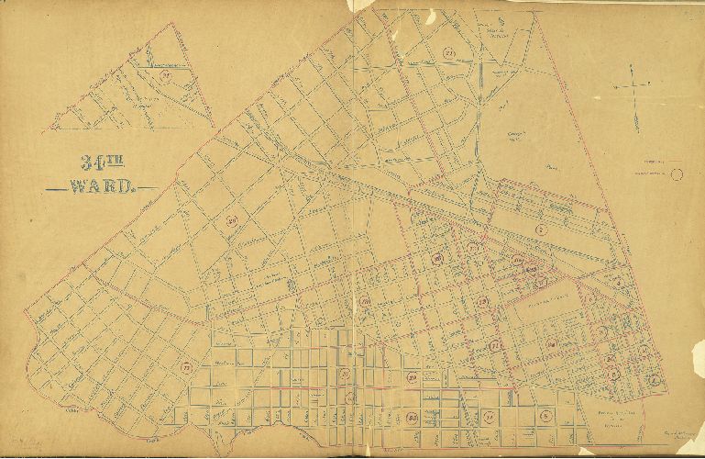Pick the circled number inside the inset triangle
pos(165,77)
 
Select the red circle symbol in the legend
pos(677,173)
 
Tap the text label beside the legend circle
pos(653,173)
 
